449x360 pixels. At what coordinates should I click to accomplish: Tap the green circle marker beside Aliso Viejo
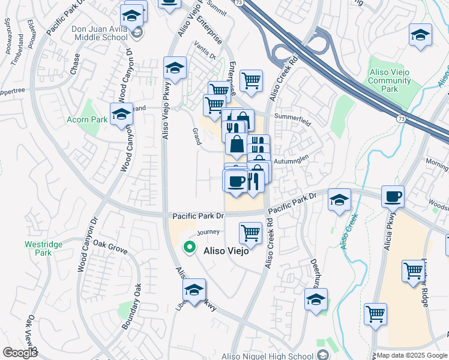[190, 247]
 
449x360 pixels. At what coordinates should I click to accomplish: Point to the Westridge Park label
[39, 248]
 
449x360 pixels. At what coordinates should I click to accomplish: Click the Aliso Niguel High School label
[268, 355]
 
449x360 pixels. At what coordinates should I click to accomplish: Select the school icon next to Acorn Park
[121, 113]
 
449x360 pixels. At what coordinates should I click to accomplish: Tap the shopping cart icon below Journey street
[250, 232]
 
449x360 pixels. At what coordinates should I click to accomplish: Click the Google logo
[20, 353]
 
